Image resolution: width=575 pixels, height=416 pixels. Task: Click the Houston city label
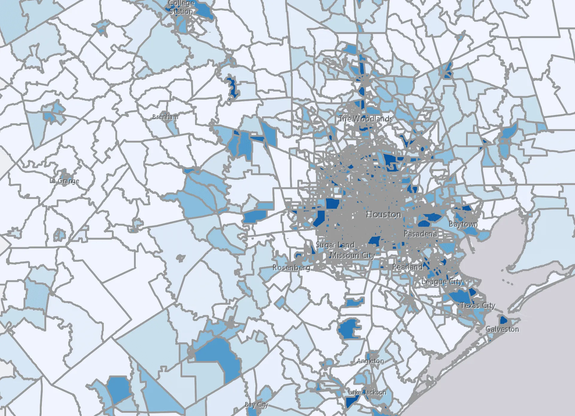pos(383,214)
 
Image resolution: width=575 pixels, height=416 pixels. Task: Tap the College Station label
pos(181,7)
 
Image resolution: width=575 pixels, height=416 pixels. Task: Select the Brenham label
pos(165,117)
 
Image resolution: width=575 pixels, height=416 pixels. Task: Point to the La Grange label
pos(64,181)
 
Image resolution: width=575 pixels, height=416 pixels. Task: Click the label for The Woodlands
pos(366,119)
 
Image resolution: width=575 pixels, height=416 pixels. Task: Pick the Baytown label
pos(463,224)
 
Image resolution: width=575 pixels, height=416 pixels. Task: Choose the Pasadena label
pos(420,234)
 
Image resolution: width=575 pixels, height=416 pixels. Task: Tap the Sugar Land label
pos(335,245)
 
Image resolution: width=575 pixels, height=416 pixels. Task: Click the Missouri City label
pos(352,255)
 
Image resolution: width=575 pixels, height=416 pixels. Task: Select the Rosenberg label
pos(291,267)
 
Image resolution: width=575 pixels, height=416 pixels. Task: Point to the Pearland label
pos(407,267)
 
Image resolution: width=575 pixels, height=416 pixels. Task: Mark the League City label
pos(442,281)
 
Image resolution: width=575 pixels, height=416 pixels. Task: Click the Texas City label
pos(478,305)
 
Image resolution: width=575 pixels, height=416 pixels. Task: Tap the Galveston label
pos(502,329)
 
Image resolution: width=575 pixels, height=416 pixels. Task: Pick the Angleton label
pos(370,361)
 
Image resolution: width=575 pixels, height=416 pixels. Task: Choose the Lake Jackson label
pos(367,392)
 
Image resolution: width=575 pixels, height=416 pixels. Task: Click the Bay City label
pos(256,405)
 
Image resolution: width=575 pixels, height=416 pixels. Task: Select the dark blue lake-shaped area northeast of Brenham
pos(232,87)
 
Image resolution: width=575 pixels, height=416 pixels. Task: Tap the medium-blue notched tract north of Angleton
pos(348,329)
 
